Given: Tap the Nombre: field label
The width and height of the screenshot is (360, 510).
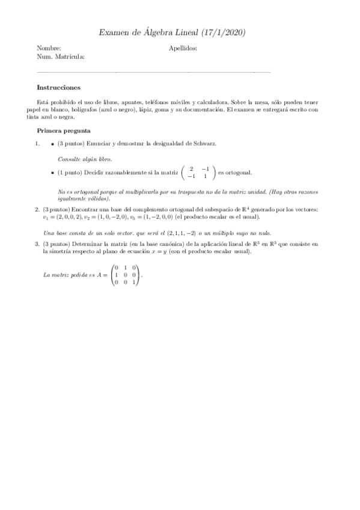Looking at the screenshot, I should coord(49,48).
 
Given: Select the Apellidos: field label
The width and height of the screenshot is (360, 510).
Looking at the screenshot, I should coord(183,48).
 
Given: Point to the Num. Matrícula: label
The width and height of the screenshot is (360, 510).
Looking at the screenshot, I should coord(61,57).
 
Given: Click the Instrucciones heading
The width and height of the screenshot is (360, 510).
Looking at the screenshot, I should coord(58,87).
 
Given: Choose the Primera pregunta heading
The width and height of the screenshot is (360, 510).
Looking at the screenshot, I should coord(64,131).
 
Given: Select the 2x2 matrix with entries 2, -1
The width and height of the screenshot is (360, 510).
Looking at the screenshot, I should coord(199,173).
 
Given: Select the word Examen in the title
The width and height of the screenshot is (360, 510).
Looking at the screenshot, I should coord(114,32).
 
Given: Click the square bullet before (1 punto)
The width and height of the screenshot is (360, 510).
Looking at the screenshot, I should coord(53,173).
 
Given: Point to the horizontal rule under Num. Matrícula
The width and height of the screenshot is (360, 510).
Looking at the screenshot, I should coord(154,72).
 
